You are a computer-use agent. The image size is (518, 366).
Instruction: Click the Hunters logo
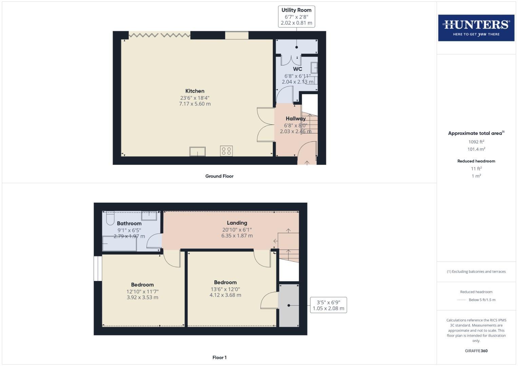476,28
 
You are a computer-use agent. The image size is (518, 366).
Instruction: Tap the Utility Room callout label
296,16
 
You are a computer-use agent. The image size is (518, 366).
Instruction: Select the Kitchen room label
195,91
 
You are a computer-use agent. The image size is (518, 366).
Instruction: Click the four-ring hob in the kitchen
226,151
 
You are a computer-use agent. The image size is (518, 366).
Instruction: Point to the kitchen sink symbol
197,151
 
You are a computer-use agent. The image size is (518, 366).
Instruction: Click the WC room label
298,69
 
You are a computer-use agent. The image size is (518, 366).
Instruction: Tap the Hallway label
295,119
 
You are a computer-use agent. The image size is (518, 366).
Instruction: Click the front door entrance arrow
307,163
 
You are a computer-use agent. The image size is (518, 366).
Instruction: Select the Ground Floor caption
219,176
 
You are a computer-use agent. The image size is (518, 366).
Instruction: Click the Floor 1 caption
219,358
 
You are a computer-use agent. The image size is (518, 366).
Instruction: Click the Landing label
237,223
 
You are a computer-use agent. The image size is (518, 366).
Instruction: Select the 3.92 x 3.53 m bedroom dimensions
142,298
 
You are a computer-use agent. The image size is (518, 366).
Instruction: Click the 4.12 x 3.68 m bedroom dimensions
225,295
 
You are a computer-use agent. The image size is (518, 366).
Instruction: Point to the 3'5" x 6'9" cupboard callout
328,305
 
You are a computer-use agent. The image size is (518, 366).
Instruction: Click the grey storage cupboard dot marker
289,305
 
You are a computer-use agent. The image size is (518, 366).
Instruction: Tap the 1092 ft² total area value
476,142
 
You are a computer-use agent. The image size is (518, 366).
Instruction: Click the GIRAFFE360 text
476,351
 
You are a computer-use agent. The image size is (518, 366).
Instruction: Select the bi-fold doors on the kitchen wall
159,35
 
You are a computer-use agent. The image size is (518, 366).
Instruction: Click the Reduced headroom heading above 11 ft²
476,161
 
